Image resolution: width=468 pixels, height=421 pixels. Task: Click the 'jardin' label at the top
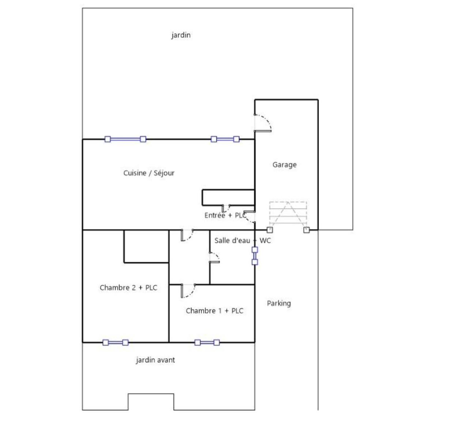pyautogui.click(x=181, y=35)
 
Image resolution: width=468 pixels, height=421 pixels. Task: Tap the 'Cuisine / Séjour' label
pyautogui.click(x=149, y=173)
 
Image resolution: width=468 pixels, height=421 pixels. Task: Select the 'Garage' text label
pyautogui.click(x=284, y=165)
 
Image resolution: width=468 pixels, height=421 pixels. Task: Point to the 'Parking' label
pyautogui.click(x=279, y=303)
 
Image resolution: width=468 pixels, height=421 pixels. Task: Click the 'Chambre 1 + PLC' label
pyautogui.click(x=214, y=311)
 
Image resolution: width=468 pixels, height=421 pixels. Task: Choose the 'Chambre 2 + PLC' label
pyautogui.click(x=128, y=288)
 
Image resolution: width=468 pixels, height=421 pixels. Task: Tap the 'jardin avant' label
pyautogui.click(x=155, y=360)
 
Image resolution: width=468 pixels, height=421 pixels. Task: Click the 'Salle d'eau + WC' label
pyautogui.click(x=242, y=241)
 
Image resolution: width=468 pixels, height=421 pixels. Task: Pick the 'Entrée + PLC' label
pyautogui.click(x=225, y=215)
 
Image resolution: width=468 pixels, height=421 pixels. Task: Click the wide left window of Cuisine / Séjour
pyautogui.click(x=125, y=139)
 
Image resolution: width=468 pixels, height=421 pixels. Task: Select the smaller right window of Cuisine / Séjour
pyautogui.click(x=225, y=139)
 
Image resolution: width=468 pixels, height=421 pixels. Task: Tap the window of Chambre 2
pyautogui.click(x=116, y=343)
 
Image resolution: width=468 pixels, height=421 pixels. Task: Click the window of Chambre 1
pyautogui.click(x=207, y=343)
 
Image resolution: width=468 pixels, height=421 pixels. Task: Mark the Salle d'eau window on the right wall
pyautogui.click(x=255, y=256)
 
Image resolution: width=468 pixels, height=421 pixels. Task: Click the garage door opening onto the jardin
pyautogui.click(x=263, y=123)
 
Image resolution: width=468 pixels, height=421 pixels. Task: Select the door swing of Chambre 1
pyautogui.click(x=188, y=291)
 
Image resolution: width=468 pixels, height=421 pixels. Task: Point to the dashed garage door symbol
pyautogui.click(x=288, y=213)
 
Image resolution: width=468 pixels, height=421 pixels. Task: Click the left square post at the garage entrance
pyautogui.click(x=270, y=230)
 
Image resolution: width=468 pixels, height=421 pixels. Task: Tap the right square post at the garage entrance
pyautogui.click(x=306, y=230)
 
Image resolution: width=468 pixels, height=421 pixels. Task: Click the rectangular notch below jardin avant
pyautogui.click(x=151, y=402)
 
